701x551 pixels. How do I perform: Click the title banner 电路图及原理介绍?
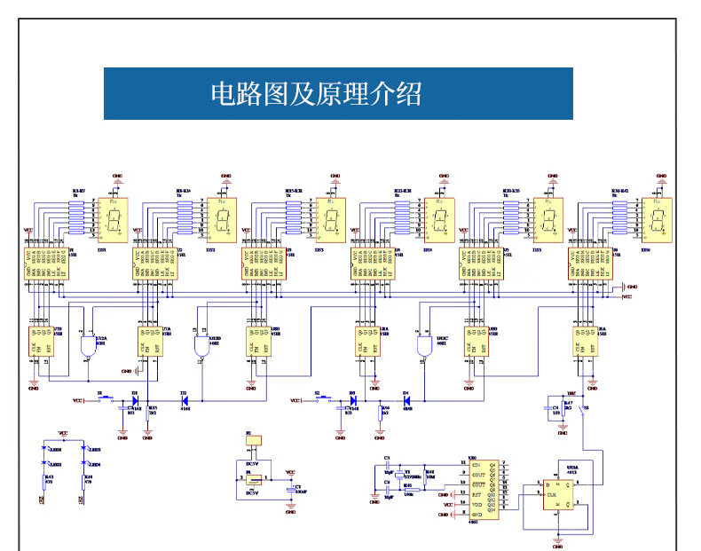pyautogui.click(x=338, y=93)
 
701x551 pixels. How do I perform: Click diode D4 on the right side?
pyautogui.click(x=406, y=401)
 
